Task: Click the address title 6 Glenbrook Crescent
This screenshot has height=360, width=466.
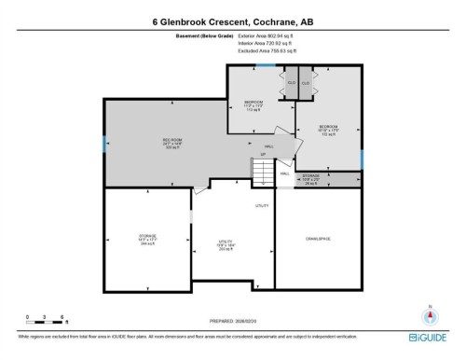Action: [232, 19]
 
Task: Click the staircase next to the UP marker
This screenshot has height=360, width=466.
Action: [264, 172]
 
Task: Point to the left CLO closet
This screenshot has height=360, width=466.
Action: [292, 82]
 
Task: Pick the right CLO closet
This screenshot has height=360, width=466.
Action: [305, 82]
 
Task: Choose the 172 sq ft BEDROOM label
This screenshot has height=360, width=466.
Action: [328, 131]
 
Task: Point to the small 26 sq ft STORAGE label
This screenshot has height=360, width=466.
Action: [312, 178]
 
